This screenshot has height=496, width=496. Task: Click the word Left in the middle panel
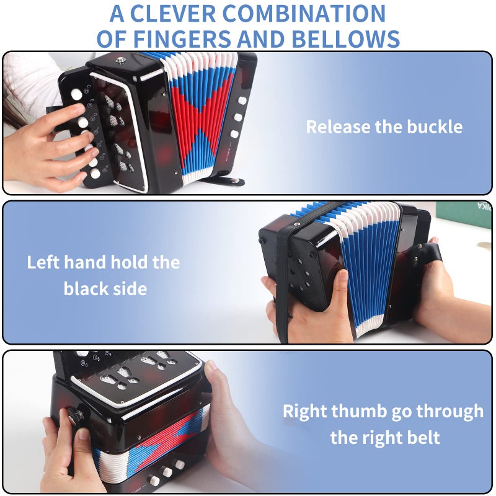(45, 262)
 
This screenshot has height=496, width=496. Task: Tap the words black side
(105, 288)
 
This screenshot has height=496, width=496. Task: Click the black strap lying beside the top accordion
(223, 181)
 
